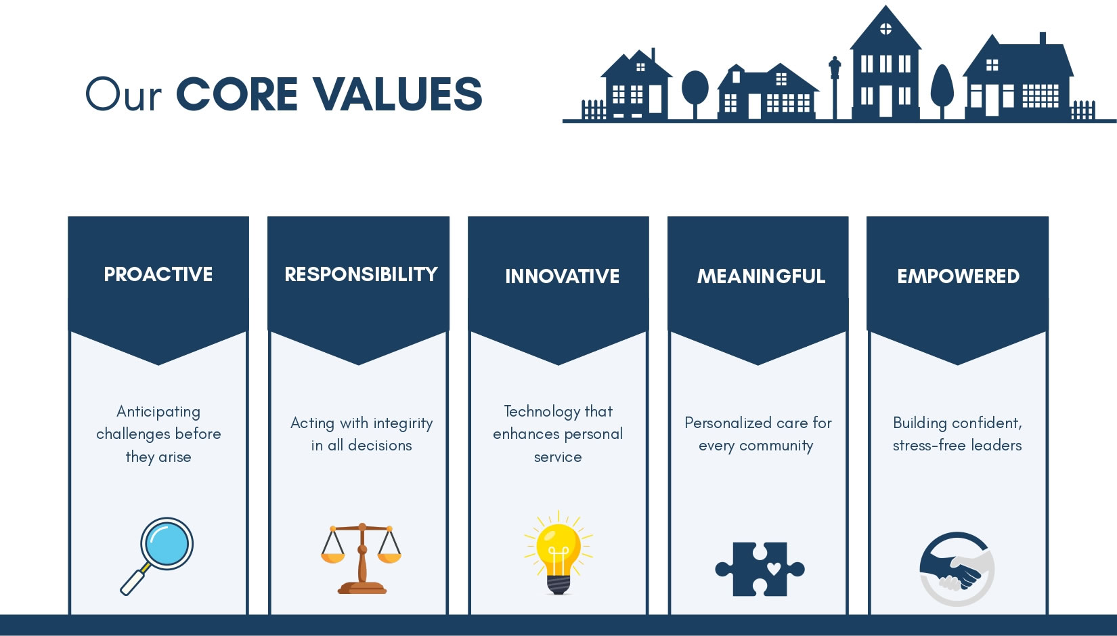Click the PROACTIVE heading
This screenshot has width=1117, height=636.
158,274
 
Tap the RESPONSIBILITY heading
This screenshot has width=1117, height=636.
361,274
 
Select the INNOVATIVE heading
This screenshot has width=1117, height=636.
562,276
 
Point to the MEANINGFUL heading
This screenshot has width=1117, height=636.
761,276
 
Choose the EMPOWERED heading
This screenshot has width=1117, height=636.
958,276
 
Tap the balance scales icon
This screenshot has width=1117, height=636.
362,558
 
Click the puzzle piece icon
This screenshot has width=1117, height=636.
760,569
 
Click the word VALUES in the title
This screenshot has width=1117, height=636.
397,94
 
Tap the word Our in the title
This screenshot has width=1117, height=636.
124,94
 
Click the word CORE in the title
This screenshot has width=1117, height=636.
237,94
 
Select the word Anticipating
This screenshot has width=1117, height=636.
158,412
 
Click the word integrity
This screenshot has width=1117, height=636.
403,423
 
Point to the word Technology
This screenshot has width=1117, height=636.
542,412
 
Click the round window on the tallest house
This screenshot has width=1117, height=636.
885,28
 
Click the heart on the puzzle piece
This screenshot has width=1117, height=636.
774,568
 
